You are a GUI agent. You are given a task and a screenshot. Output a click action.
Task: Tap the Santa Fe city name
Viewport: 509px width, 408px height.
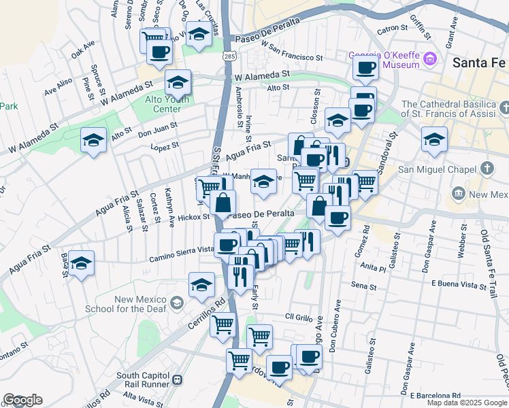click(480, 62)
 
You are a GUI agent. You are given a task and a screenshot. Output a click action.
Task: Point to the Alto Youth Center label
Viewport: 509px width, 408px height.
click(158, 103)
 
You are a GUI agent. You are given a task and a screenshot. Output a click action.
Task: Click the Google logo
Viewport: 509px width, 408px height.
click(22, 399)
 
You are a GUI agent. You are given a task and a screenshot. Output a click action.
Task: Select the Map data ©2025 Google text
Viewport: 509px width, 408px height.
click(466, 403)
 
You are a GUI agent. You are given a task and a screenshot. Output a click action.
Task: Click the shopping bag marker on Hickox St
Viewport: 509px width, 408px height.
click(223, 203)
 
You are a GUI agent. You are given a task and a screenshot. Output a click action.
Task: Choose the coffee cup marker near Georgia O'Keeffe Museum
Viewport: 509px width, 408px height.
click(365, 68)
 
